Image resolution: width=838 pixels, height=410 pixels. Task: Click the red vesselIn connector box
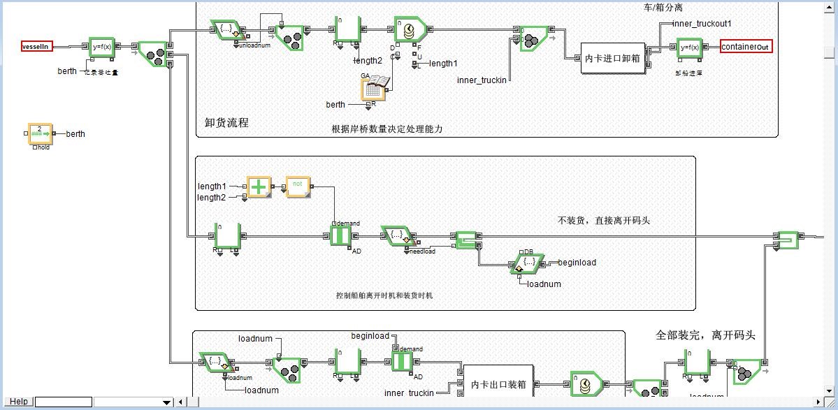(x=37, y=47)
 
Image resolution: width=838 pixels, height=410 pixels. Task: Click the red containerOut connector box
(x=746, y=47)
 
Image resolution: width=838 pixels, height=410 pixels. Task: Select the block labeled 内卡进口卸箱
(x=612, y=59)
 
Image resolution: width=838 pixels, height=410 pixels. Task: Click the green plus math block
(x=259, y=187)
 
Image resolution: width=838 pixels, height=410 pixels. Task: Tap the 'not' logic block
(x=298, y=186)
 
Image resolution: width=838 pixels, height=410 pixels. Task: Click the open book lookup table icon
(x=375, y=87)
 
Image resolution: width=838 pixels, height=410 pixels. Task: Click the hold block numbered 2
(x=40, y=133)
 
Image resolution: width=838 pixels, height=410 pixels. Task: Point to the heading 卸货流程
(x=226, y=122)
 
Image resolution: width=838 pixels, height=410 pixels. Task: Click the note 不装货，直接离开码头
(x=604, y=220)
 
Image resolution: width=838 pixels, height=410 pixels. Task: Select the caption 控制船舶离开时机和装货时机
(x=384, y=295)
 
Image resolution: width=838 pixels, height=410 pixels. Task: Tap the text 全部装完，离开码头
(x=705, y=335)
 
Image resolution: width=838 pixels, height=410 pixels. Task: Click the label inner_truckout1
(x=702, y=24)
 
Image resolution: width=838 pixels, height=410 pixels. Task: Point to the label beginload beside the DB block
(x=577, y=263)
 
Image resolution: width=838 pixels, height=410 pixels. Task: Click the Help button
(x=19, y=402)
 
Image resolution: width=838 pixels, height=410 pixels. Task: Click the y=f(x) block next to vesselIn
(x=102, y=47)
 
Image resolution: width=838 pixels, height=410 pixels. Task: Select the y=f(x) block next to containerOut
(x=689, y=47)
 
